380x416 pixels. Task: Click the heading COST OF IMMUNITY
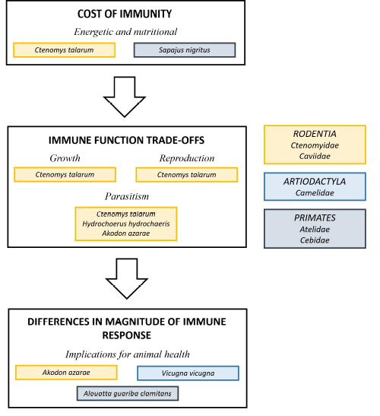point(125,15)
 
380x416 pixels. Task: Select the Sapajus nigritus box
point(185,50)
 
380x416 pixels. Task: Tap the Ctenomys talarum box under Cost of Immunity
point(65,50)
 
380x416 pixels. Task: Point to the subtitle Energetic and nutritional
point(125,32)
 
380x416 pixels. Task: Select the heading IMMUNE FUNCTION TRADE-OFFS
point(125,141)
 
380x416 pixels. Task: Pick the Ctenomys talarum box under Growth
point(65,175)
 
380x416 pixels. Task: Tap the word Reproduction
point(186,158)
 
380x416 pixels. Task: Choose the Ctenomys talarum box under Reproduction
point(186,175)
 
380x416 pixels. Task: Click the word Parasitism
point(126,196)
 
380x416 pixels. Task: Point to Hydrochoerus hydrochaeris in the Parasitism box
point(126,224)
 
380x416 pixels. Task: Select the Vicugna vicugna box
point(188,373)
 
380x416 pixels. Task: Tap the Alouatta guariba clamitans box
point(126,394)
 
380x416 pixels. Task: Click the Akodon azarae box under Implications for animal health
point(66,373)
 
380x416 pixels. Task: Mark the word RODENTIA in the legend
point(314,133)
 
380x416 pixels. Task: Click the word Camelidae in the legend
point(314,193)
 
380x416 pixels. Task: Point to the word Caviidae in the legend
point(314,156)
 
